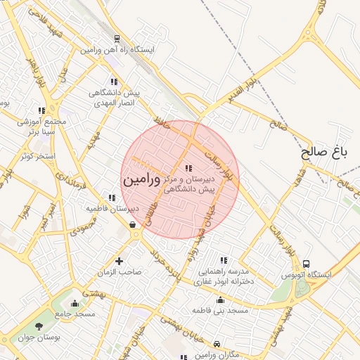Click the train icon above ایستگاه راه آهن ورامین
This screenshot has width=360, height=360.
116,39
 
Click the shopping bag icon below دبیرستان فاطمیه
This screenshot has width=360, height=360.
132,225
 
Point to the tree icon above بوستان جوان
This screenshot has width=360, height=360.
39,326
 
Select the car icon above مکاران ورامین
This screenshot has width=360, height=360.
217,344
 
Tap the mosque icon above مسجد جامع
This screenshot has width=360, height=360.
75,303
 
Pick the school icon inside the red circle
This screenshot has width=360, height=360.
188,168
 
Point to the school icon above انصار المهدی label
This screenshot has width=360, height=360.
114,81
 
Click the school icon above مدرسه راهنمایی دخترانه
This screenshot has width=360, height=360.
224,260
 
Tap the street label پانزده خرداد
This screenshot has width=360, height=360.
169,267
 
